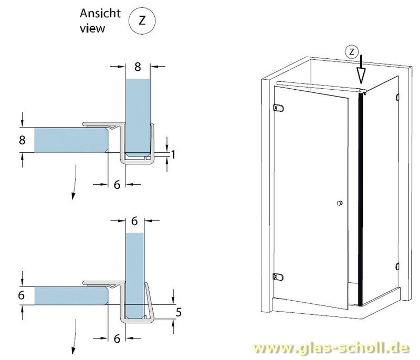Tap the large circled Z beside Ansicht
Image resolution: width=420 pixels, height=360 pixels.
(x=141, y=20)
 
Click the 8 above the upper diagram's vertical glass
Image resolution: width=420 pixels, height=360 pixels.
(x=138, y=67)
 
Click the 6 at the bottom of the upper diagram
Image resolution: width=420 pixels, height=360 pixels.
(x=117, y=185)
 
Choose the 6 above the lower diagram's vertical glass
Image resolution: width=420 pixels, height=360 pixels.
(x=134, y=221)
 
